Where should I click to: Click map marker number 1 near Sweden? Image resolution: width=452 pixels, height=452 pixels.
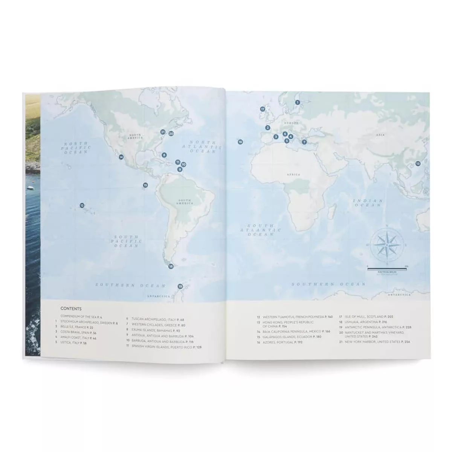pyautogui.click(x=297, y=102)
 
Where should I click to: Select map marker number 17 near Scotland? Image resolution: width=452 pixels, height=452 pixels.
pyautogui.click(x=263, y=109)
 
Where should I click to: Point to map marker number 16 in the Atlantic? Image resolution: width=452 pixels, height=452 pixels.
pyautogui.click(x=240, y=142)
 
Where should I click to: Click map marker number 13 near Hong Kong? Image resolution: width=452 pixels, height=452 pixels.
pyautogui.click(x=418, y=163)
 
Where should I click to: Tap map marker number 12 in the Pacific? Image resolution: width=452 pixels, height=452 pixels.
pyautogui.click(x=82, y=205)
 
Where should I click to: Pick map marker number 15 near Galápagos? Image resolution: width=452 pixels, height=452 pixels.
pyautogui.click(x=145, y=185)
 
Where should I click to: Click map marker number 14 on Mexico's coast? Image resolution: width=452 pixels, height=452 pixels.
pyautogui.click(x=121, y=157)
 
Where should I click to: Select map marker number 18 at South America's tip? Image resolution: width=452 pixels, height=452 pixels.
pyautogui.click(x=171, y=266)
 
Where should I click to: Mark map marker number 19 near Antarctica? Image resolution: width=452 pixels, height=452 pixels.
pyautogui.click(x=180, y=287)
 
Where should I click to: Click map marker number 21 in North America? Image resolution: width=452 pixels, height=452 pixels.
pyautogui.click(x=163, y=132)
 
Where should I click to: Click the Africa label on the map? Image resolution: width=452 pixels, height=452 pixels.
pyautogui.click(x=293, y=175)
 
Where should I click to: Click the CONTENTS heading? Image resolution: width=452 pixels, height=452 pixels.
pyautogui.click(x=71, y=308)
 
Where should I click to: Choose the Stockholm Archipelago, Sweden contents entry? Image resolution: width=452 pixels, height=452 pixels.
pyautogui.click(x=87, y=323)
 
